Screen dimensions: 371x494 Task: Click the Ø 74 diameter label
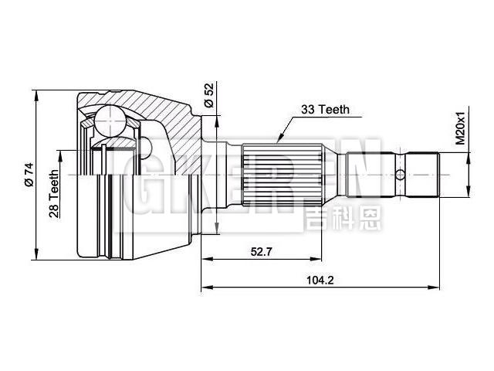tap(28, 175)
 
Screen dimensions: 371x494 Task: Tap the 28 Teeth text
tap(55, 194)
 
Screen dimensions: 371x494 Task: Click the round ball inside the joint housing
tap(110, 123)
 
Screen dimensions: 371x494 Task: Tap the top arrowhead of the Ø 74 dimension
tap(37, 93)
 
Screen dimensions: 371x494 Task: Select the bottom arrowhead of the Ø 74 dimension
tap(37, 257)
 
